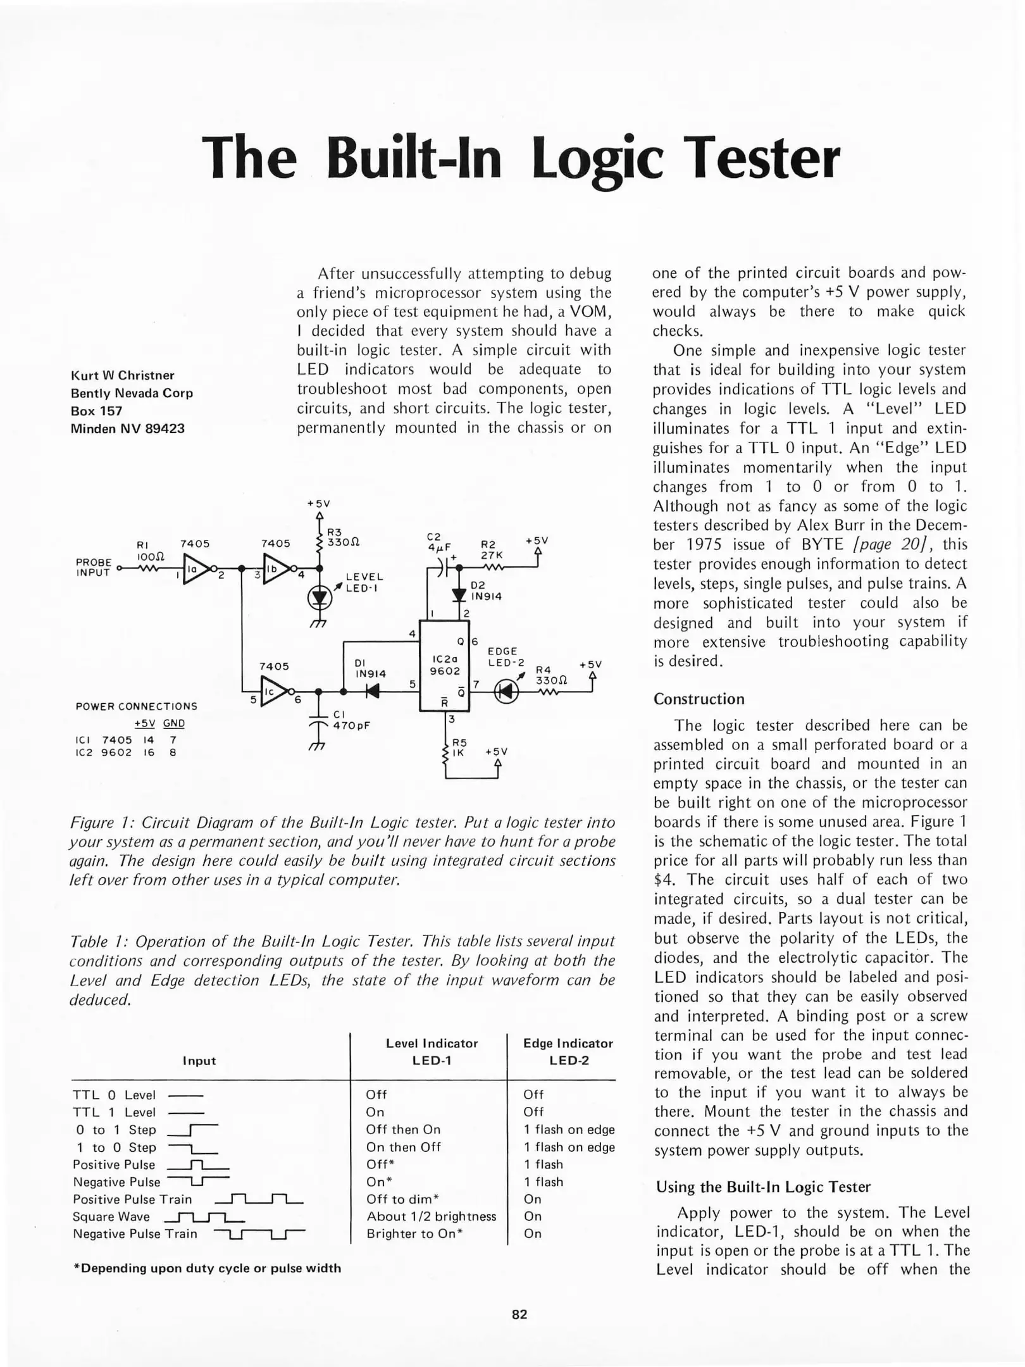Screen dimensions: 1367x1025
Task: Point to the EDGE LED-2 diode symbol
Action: click(x=506, y=691)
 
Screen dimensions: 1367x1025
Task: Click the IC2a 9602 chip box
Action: click(x=445, y=665)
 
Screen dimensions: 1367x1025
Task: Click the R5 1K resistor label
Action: click(x=459, y=747)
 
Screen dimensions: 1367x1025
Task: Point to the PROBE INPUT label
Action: click(x=94, y=567)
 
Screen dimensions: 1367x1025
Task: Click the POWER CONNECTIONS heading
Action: click(x=136, y=706)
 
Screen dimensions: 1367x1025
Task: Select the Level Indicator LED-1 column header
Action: click(x=432, y=1051)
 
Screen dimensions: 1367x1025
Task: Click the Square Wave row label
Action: click(x=111, y=1216)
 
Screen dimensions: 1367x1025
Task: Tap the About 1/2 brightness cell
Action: click(x=431, y=1216)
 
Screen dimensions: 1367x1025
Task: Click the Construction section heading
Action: click(x=699, y=699)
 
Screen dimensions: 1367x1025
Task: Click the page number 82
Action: click(x=519, y=1314)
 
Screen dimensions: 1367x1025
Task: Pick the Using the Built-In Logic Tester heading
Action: click(x=763, y=1187)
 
